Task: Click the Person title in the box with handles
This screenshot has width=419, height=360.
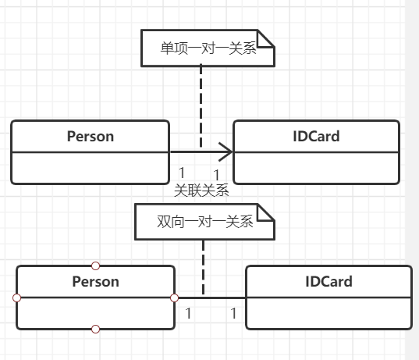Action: [95, 281]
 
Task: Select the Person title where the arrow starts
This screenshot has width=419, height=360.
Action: [90, 136]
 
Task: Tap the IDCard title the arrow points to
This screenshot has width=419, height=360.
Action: [315, 136]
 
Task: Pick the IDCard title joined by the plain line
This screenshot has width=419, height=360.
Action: [328, 281]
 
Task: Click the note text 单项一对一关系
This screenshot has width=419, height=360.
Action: [197, 48]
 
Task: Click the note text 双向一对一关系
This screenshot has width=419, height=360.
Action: [194, 222]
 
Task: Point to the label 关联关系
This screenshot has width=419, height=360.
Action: [201, 190]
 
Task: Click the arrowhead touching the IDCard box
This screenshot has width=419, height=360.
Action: [227, 151]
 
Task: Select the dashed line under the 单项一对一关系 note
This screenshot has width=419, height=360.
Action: [201, 102]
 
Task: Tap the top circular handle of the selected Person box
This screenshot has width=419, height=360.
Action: [95, 266]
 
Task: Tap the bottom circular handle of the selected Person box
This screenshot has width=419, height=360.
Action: [95, 329]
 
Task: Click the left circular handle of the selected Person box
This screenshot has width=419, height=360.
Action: [16, 298]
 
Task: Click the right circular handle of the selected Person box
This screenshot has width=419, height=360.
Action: [175, 298]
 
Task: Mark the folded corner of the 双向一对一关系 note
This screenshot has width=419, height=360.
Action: [268, 212]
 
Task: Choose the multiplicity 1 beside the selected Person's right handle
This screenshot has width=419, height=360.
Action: [187, 313]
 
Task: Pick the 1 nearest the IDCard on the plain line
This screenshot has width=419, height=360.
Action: [233, 313]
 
